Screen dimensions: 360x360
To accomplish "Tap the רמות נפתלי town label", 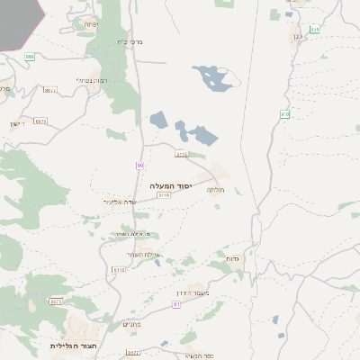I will coord(93,80).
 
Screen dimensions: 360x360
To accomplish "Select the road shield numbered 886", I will coord(30,56).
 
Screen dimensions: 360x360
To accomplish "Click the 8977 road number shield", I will coord(50,90).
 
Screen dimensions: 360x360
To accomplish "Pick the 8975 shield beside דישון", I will coord(40,120).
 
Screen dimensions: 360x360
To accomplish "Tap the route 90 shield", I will coord(140,165).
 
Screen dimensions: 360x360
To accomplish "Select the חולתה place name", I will coord(215,189).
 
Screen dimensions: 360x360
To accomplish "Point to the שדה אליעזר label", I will coord(119,202).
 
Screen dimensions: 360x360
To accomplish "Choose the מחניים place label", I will coord(131,323).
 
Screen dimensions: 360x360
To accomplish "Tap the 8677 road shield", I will coord(133,353).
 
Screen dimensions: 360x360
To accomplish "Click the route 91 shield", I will coord(176,304).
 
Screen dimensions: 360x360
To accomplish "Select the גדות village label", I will coord(229,257).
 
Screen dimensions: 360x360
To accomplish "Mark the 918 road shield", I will coord(285,113).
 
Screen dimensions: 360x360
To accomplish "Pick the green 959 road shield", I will coord(314,30).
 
